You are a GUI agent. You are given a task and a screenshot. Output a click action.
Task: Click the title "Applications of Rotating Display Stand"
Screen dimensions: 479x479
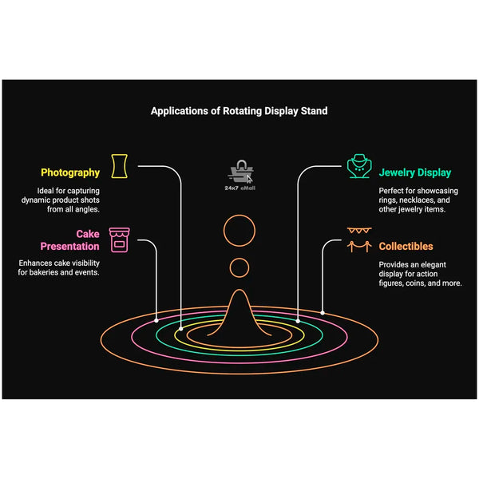coord(239,111)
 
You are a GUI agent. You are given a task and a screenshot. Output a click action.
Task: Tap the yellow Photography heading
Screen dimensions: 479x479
coord(70,172)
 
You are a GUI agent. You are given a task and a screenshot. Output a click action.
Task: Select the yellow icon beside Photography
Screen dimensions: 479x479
coord(120,166)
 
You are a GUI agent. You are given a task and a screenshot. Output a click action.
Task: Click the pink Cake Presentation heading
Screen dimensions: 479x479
coord(70,240)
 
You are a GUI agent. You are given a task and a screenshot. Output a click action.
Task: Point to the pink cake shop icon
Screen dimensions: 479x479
coord(120,239)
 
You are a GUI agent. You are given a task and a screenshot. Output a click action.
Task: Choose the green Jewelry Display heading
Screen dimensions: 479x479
coord(415,172)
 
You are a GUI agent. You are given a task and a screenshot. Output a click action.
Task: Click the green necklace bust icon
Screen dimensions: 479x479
coord(359,166)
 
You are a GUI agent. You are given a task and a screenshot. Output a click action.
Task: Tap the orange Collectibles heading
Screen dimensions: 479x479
coord(406,246)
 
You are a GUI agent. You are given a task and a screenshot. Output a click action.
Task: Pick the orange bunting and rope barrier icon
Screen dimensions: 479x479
coord(359,239)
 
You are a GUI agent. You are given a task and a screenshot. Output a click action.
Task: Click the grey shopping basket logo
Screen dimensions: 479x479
coord(241,172)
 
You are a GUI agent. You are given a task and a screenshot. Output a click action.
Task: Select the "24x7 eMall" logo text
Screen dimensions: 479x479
coord(239,188)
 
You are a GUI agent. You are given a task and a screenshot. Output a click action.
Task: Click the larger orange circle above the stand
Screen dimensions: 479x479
coord(239,231)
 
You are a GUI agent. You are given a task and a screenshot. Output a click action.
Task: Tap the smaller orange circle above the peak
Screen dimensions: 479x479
coord(239,268)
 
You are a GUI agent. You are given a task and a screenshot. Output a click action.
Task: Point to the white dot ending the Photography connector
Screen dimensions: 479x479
coord(181,329)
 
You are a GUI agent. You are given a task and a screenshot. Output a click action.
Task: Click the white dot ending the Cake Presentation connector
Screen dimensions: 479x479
coord(156,321)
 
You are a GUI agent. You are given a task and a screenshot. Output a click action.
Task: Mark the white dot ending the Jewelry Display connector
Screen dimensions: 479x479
coord(298,321)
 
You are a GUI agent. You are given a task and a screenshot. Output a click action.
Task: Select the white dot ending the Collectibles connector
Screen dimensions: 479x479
coord(323,313)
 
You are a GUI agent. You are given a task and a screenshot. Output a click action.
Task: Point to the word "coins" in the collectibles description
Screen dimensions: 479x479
coord(415,283)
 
